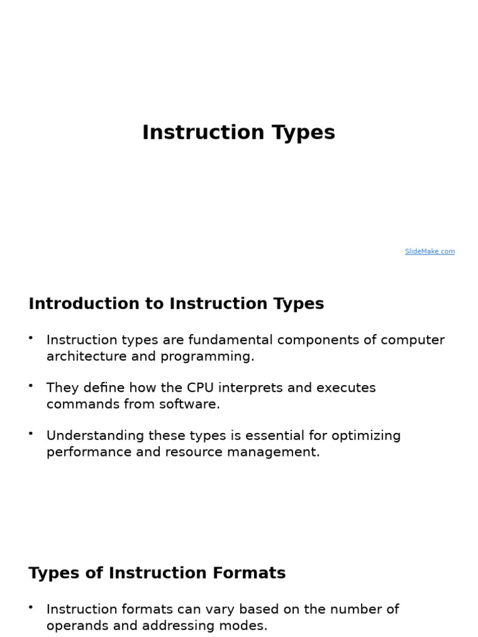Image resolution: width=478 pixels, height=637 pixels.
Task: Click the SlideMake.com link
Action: [x=429, y=252]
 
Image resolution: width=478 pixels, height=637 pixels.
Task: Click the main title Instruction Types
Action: [x=238, y=133]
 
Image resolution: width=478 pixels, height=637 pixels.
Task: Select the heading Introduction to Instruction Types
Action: [x=176, y=304]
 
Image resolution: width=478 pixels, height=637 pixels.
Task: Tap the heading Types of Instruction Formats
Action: [x=157, y=574]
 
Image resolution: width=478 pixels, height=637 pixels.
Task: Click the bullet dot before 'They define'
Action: [x=30, y=386]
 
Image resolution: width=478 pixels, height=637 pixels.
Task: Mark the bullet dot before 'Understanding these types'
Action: [x=30, y=434]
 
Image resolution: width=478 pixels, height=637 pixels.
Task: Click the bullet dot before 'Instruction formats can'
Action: [x=30, y=607]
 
